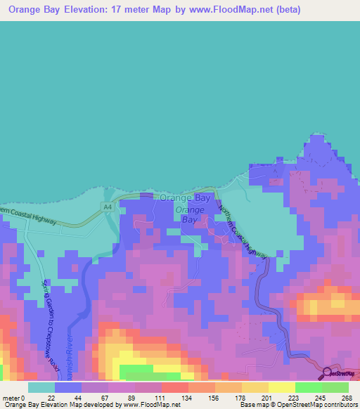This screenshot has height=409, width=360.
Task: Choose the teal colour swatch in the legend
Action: pyautogui.click(x=41, y=387)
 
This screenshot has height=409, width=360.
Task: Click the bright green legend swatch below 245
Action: pyautogui.click(x=308, y=387)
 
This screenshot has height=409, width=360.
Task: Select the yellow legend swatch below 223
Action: pyautogui.click(x=281, y=387)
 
